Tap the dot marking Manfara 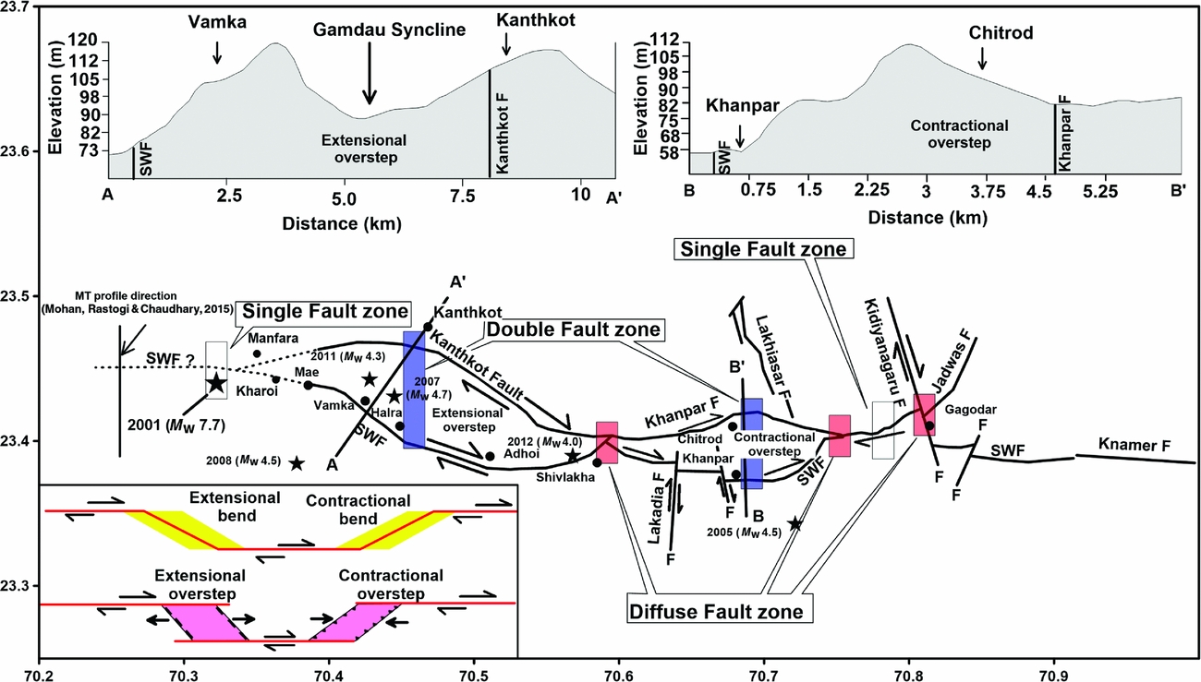point(257,353)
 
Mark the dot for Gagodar point(929,425)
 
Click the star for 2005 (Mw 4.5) point(795,523)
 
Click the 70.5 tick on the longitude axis point(473,662)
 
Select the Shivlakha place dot point(597,461)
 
